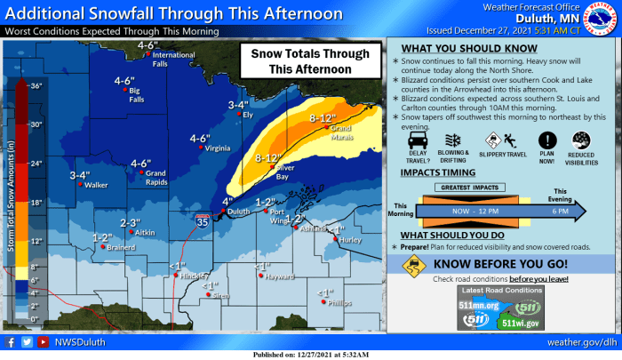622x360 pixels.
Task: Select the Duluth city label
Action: click(x=235, y=212)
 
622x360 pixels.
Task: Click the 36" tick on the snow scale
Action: click(x=36, y=86)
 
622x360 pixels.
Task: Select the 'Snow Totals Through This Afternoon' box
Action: click(x=308, y=61)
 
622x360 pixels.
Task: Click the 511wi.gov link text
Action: click(x=519, y=324)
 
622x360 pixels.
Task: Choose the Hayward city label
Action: click(x=279, y=276)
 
